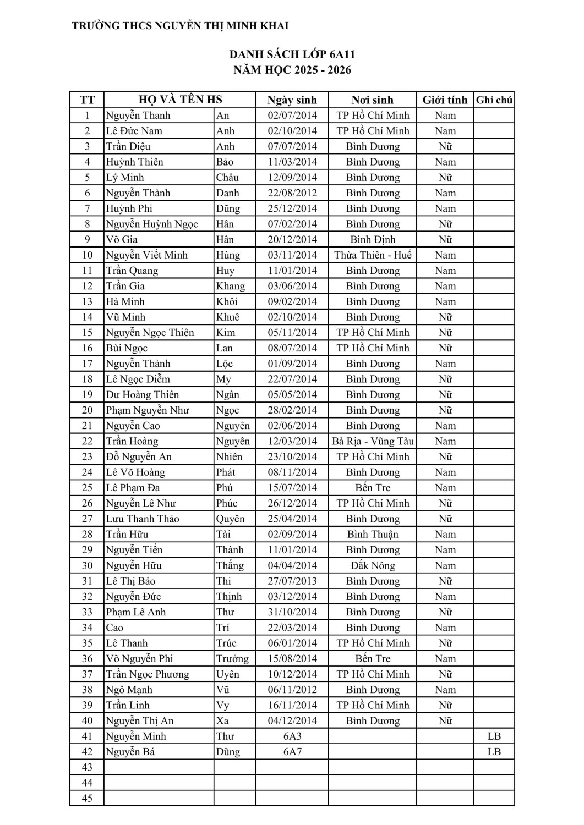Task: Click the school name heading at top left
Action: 180,26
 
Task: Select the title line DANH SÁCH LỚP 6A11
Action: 292,54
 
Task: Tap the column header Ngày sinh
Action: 292,100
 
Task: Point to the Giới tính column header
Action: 445,100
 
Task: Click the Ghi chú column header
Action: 494,100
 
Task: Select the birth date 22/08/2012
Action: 292,193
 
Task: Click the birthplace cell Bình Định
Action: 373,240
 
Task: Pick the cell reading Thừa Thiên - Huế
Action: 373,255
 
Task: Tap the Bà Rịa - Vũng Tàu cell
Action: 373,441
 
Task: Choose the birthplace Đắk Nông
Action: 373,565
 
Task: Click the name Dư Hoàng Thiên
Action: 143,395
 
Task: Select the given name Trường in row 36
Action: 232,659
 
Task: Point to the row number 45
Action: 87,799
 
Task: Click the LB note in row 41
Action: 494,736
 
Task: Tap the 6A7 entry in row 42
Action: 292,752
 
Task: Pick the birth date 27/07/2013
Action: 292,581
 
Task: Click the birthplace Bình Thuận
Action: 373,535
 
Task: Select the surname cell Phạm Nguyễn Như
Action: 148,410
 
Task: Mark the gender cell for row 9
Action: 445,240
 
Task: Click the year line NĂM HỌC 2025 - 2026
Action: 292,70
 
